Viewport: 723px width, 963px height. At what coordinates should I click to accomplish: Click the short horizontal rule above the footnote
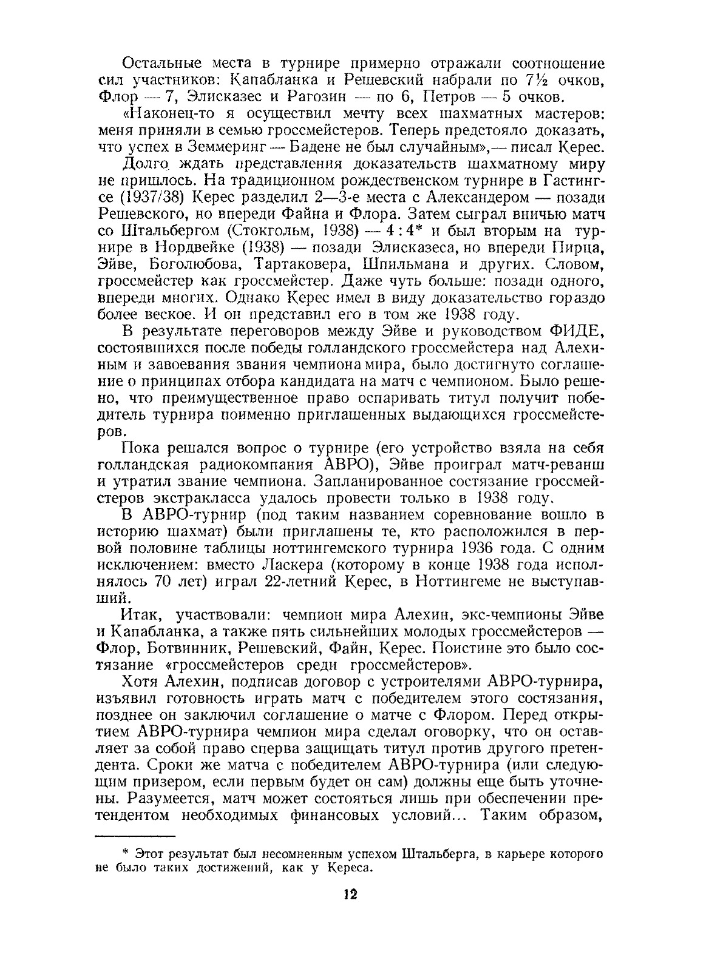[135, 835]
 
